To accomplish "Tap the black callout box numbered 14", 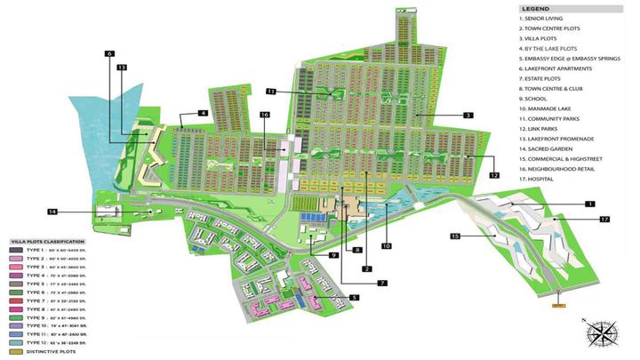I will coord(53,212).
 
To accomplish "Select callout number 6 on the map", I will coord(110,54).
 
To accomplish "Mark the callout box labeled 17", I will coord(604,219).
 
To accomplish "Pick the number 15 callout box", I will coord(456,236).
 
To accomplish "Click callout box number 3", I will coord(468,116).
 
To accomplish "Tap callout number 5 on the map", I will coord(354,297).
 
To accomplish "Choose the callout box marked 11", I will coord(271,91).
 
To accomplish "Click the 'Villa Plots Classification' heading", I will coord(48,242).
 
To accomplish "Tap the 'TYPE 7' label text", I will coord(39,300).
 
